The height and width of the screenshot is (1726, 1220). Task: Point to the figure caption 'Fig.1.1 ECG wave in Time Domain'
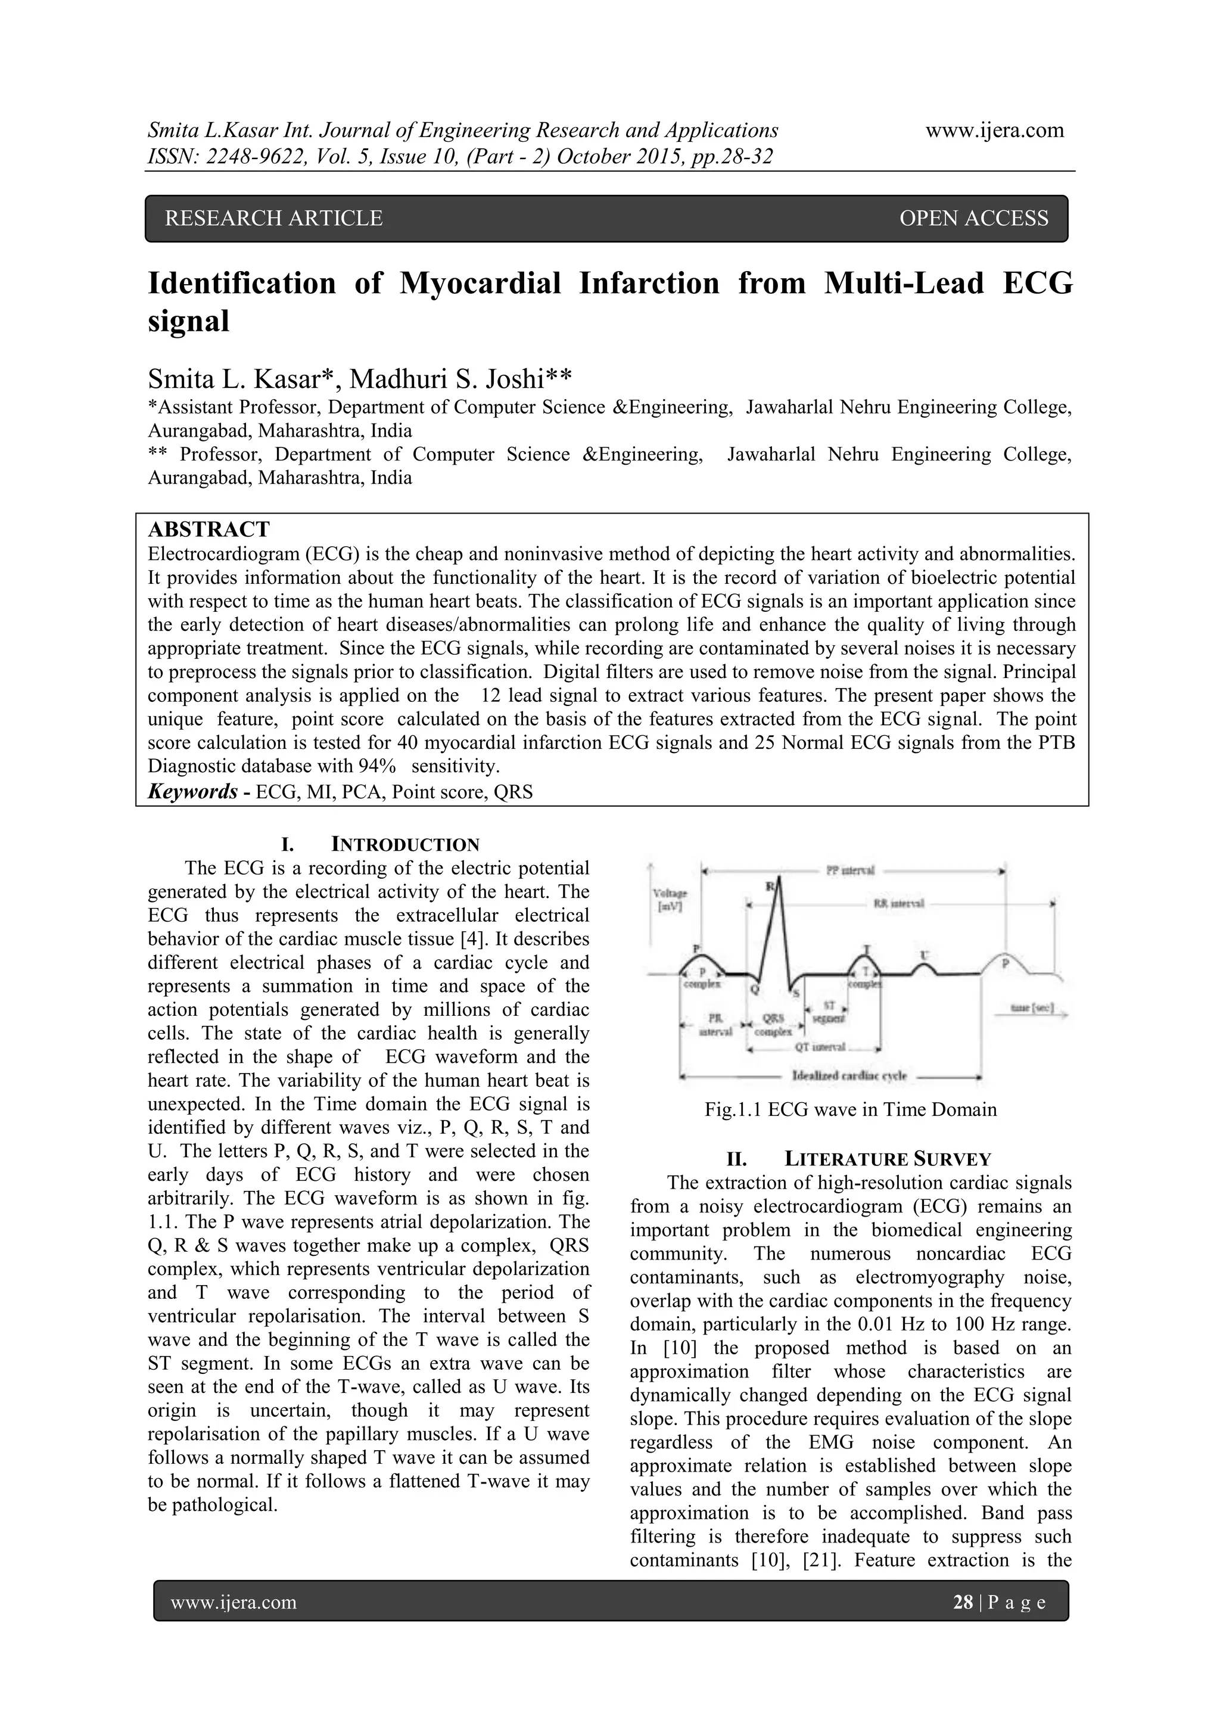coord(850,1109)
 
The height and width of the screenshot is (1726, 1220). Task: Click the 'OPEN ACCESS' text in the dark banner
coord(973,218)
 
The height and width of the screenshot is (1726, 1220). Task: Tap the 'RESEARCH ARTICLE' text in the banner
coord(273,218)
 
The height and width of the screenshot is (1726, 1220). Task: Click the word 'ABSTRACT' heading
coord(208,529)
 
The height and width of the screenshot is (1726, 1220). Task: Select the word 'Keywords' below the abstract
coord(192,792)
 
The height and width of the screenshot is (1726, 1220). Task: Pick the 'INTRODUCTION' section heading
coord(405,844)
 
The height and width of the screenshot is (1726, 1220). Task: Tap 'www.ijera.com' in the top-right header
coord(994,130)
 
